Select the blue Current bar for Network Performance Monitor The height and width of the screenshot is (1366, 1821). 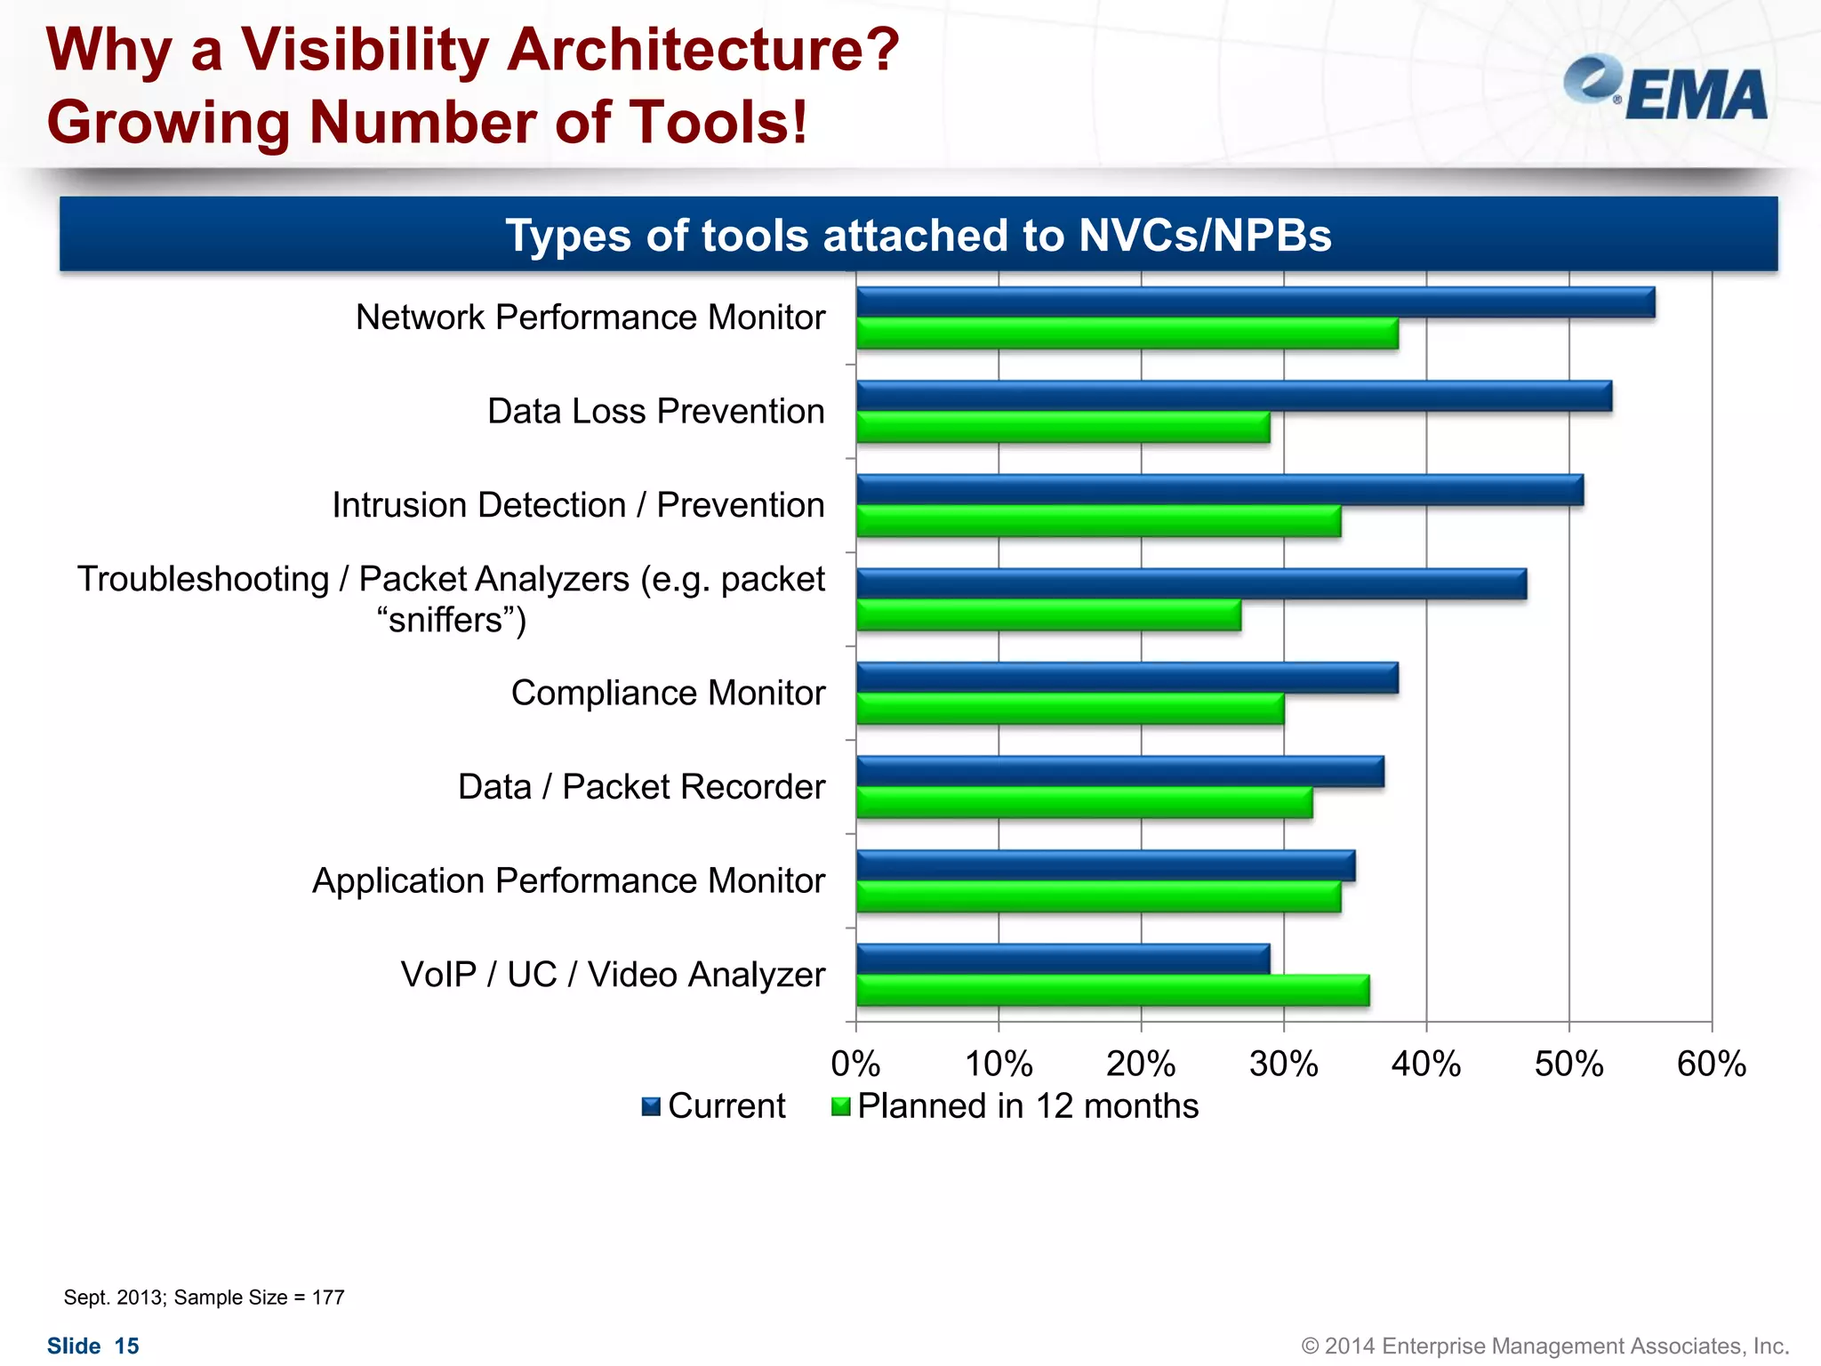click(1255, 302)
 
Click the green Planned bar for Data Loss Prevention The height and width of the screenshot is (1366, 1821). click(1063, 428)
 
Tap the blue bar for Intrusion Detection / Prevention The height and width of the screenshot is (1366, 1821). click(1219, 490)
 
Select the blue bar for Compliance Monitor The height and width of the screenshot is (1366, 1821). click(1127, 678)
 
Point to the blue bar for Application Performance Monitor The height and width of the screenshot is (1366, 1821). click(1105, 865)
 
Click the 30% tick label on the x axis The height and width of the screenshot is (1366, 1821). click(1283, 1064)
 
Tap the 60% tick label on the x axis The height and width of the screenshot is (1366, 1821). click(1711, 1064)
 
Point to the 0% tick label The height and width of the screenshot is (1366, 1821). click(855, 1064)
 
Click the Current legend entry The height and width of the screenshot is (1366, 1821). click(714, 1106)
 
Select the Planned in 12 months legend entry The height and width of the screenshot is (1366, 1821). click(1015, 1106)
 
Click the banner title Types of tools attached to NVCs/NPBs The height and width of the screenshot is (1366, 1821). click(918, 236)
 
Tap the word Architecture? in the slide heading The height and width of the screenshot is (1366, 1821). click(702, 50)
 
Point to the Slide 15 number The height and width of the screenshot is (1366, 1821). click(93, 1346)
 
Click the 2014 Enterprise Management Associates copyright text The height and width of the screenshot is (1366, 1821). click(1544, 1346)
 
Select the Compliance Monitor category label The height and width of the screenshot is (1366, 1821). click(668, 693)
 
